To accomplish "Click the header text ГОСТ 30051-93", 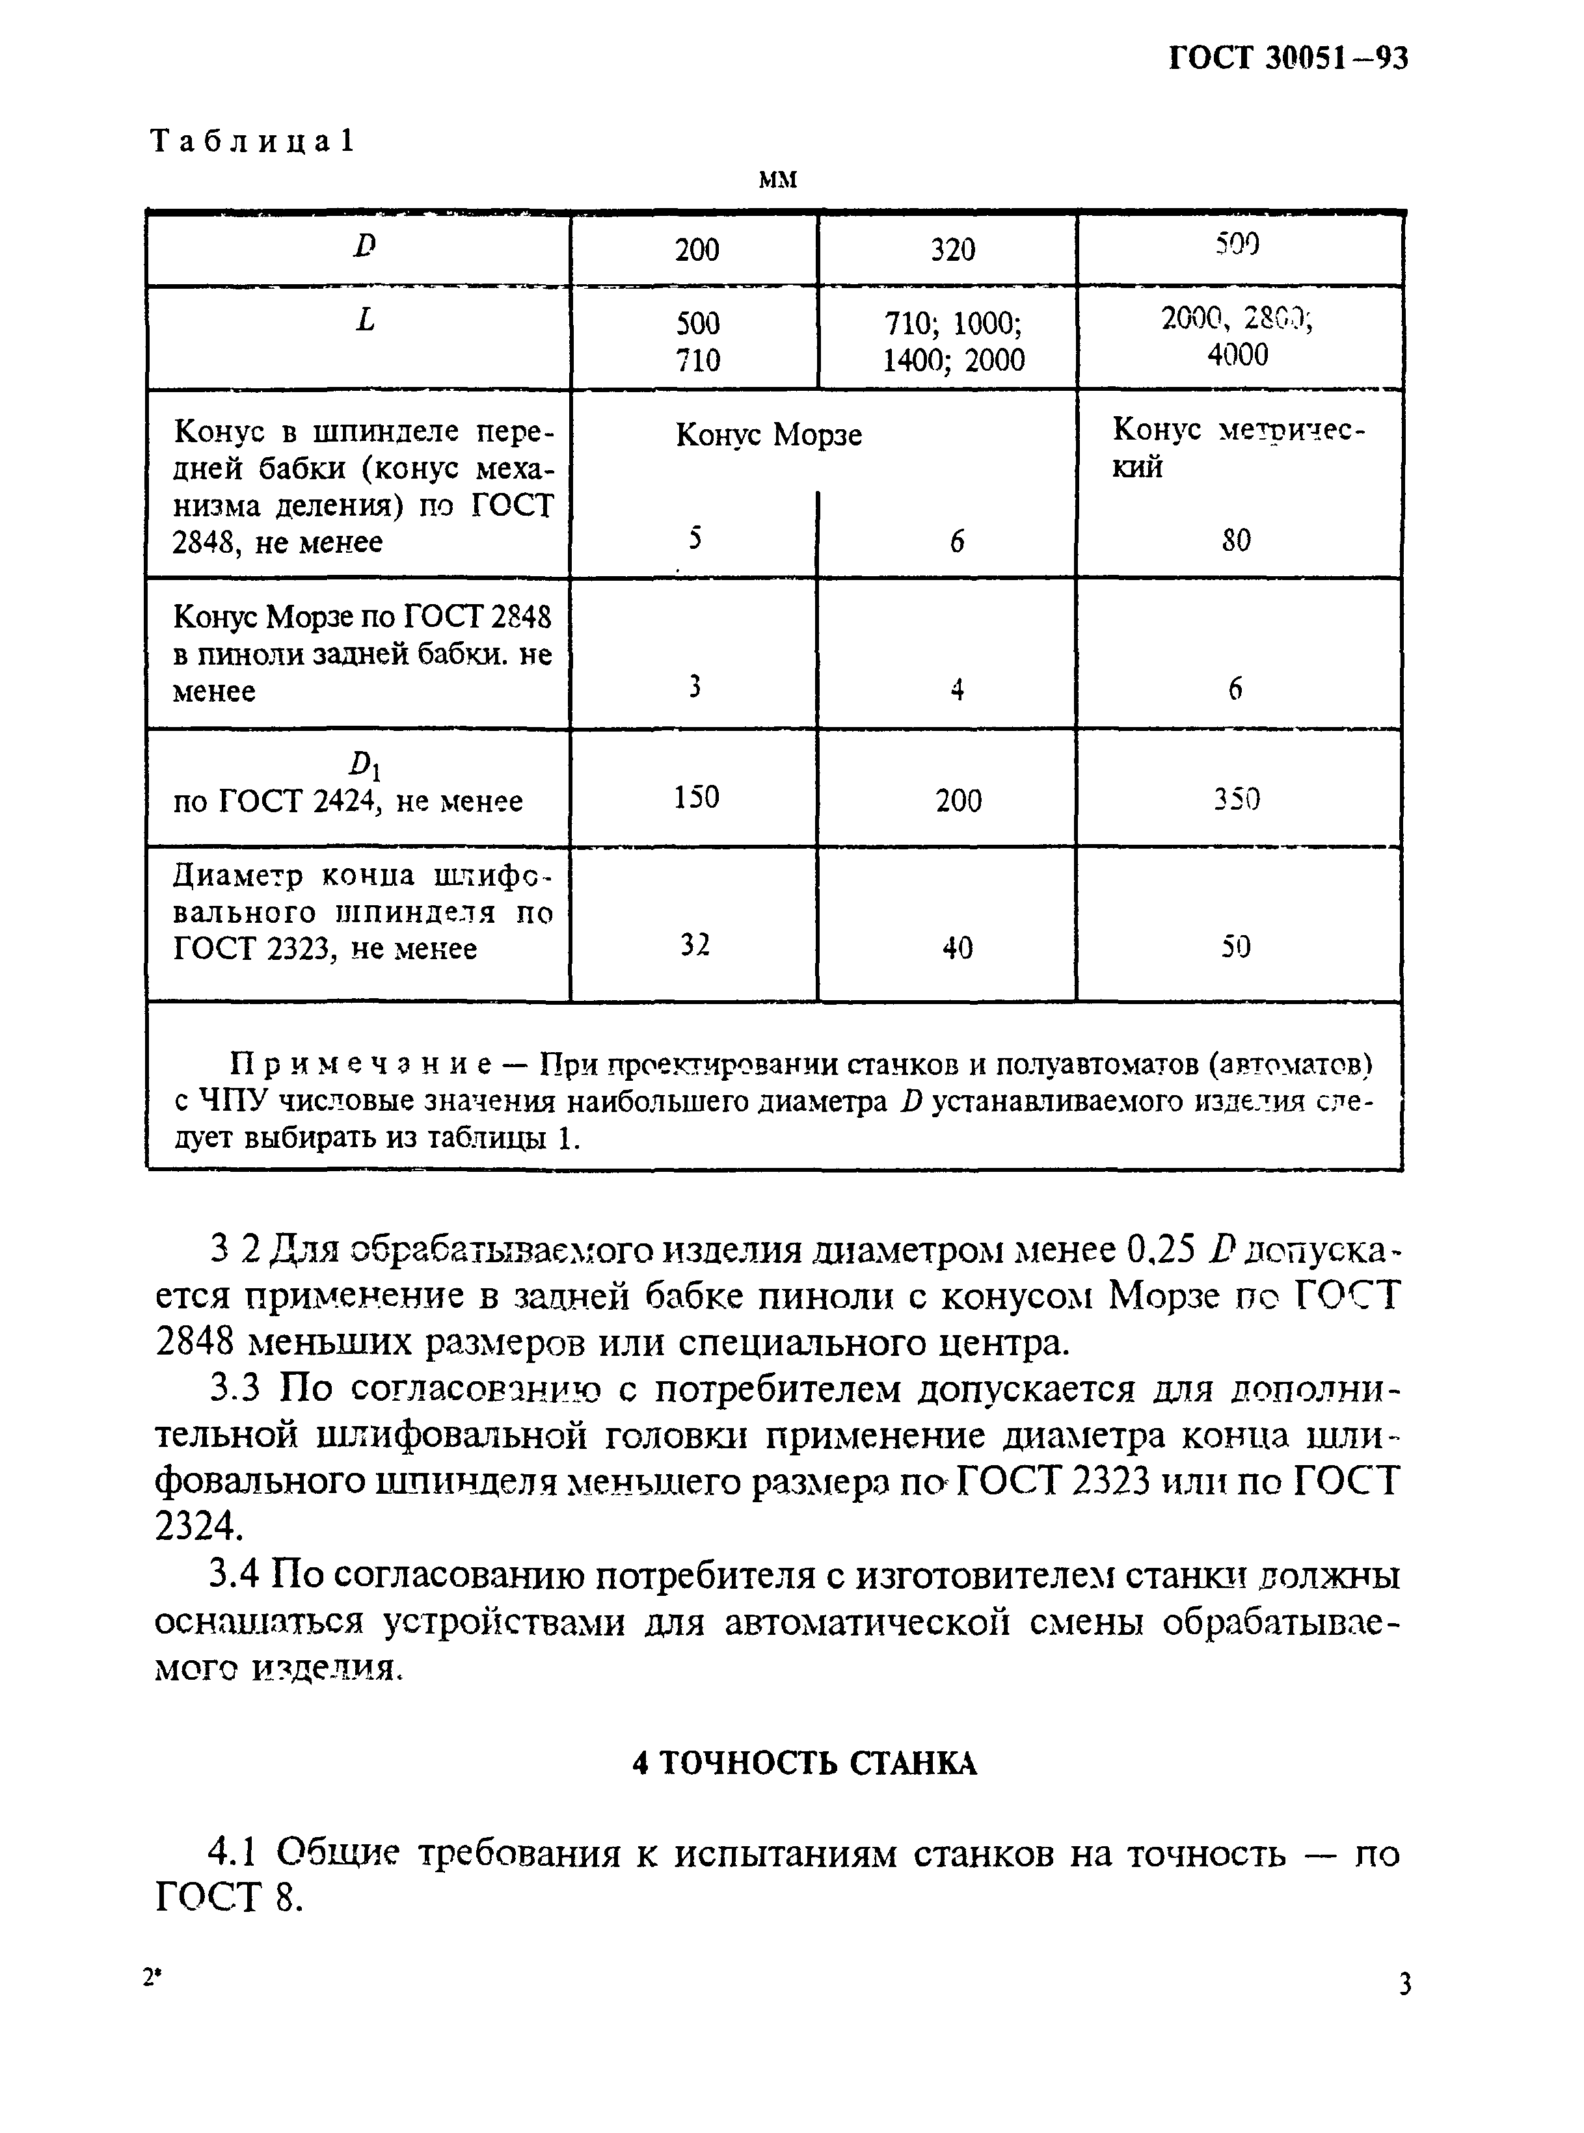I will (1288, 59).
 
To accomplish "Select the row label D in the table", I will (364, 247).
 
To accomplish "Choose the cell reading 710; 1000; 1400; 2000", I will (952, 341).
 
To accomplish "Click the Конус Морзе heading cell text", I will (768, 435).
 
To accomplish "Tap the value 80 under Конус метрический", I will (1236, 540).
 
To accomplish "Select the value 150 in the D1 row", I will (696, 797).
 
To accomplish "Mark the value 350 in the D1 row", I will (1236, 799).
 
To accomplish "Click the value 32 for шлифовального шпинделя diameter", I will (695, 946).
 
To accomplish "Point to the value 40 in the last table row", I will (957, 948).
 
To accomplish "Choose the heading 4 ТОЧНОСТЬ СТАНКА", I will (805, 1763).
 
